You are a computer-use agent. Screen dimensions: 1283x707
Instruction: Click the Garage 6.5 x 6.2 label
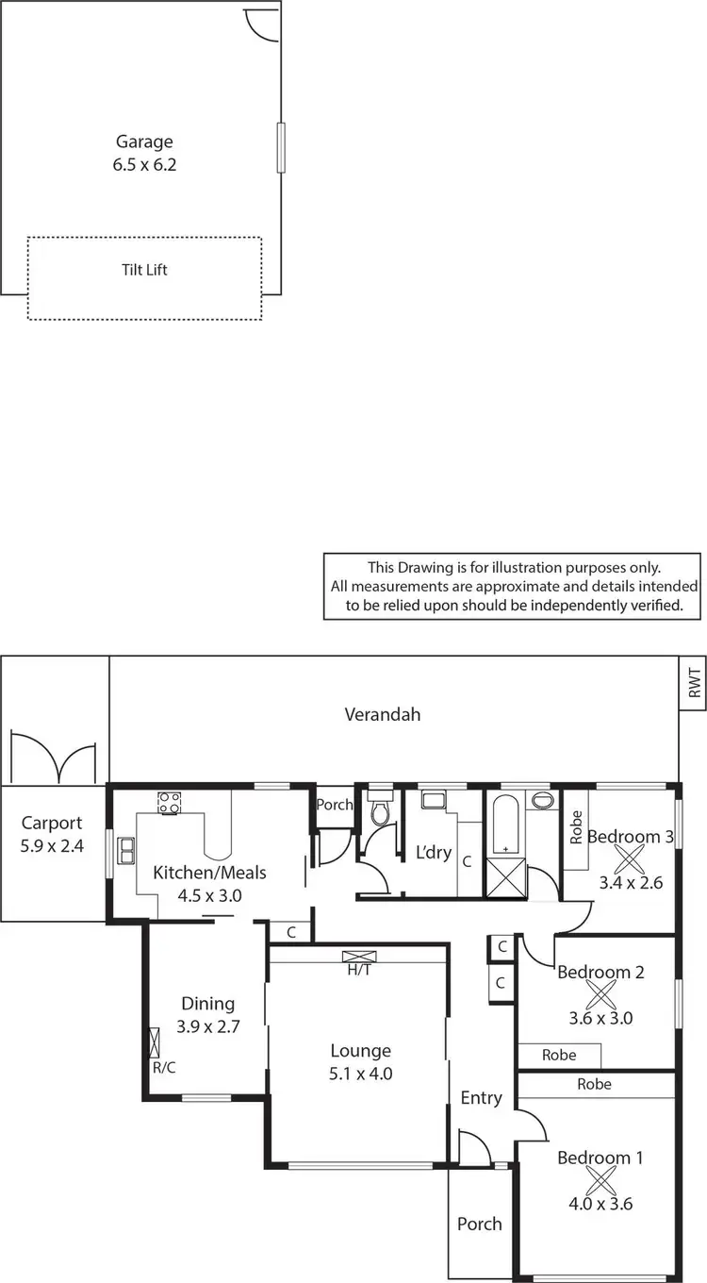click(144, 153)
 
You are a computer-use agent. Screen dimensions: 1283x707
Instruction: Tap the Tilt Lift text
click(144, 270)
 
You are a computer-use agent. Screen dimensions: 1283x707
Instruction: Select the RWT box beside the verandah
click(693, 683)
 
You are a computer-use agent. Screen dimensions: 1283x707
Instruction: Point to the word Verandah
click(382, 714)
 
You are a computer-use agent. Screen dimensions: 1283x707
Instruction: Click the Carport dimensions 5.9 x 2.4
click(52, 846)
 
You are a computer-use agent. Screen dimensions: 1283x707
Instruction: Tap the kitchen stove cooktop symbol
click(169, 803)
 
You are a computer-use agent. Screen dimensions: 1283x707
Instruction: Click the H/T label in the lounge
click(358, 969)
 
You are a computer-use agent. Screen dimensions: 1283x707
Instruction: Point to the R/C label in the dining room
click(163, 1069)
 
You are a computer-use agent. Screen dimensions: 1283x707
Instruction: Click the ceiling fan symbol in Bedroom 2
click(600, 995)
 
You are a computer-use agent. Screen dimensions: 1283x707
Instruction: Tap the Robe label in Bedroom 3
click(576, 827)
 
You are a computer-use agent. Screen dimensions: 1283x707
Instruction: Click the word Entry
click(481, 1098)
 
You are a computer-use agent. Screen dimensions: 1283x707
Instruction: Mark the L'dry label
click(434, 854)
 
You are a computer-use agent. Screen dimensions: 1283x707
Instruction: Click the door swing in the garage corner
click(261, 23)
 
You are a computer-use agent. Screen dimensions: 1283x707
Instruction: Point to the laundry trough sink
click(435, 801)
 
